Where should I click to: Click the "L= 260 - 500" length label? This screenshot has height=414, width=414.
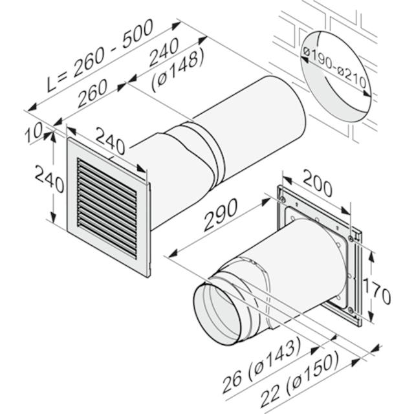coord(100,56)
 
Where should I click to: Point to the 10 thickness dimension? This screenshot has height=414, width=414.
coord(34,133)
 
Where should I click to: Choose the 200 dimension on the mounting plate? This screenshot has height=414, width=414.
coord(317,185)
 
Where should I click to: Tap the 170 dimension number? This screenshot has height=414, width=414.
coord(376,292)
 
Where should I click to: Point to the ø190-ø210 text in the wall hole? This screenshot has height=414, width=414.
coord(335,67)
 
